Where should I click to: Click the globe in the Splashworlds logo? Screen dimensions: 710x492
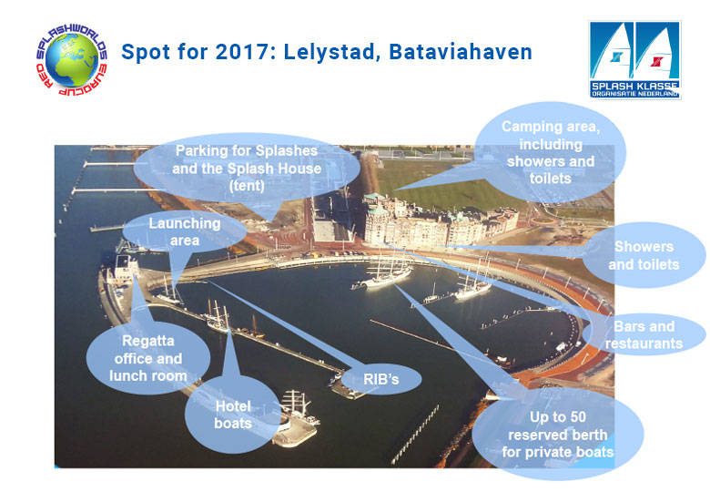pyautogui.click(x=72, y=60)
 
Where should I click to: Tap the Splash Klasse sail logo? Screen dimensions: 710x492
pyautogui.click(x=634, y=59)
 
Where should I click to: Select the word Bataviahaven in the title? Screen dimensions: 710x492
pyautogui.click(x=460, y=52)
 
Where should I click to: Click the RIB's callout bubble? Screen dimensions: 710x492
pyautogui.click(x=380, y=379)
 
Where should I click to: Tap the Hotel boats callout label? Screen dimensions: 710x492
pyautogui.click(x=233, y=414)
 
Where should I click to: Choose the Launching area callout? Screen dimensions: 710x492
pyautogui.click(x=185, y=231)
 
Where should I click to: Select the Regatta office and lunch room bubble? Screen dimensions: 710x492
pyautogui.click(x=148, y=358)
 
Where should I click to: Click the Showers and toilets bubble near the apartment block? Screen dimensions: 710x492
pyautogui.click(x=644, y=255)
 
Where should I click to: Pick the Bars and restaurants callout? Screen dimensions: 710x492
pyautogui.click(x=644, y=334)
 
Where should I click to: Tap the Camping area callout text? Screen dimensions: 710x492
pyautogui.click(x=550, y=152)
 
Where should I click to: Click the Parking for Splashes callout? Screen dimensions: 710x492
pyautogui.click(x=247, y=168)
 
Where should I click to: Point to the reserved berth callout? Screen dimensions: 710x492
pyautogui.click(x=557, y=434)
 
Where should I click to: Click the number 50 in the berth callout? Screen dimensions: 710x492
pyautogui.click(x=575, y=416)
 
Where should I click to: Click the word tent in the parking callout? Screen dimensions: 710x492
pyautogui.click(x=247, y=186)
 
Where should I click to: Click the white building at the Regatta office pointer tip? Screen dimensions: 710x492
pyautogui.click(x=127, y=266)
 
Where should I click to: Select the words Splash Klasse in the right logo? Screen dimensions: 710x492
pyautogui.click(x=634, y=86)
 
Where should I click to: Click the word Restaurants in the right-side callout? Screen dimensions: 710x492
pyautogui.click(x=644, y=343)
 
